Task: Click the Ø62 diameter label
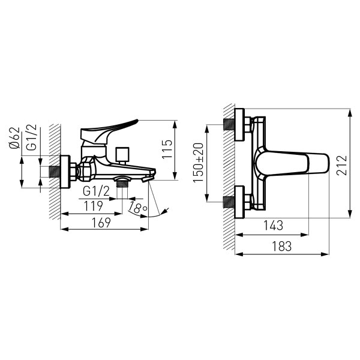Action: point(14,138)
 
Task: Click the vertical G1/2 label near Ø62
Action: point(31,137)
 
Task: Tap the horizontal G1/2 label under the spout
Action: point(96,191)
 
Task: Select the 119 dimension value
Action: point(93,206)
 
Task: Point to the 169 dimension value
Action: point(101,223)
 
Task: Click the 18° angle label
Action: point(137,208)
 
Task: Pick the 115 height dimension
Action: point(167,149)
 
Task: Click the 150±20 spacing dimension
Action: point(198,163)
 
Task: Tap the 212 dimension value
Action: point(342,166)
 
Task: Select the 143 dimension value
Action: point(273,225)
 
